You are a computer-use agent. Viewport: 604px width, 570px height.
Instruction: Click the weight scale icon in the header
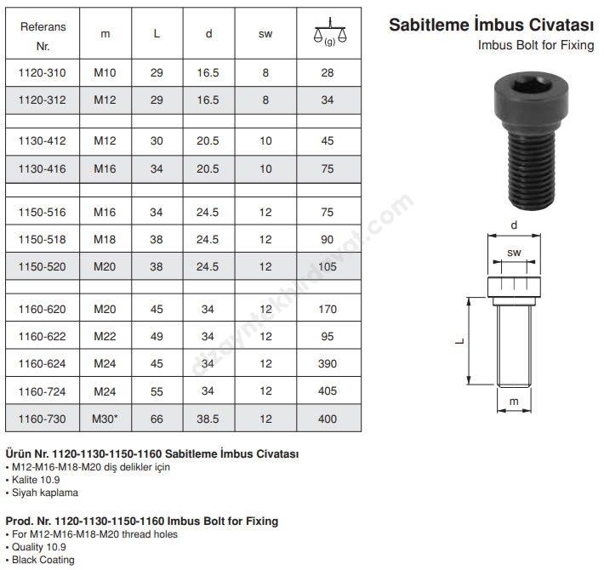[x=330, y=32]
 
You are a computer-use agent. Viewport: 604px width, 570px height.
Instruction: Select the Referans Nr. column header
[x=43, y=37]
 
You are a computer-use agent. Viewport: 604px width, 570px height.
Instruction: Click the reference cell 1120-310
[x=42, y=73]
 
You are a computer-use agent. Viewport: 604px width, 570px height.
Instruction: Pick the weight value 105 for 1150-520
[x=328, y=266]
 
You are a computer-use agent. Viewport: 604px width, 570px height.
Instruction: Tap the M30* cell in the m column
[x=105, y=419]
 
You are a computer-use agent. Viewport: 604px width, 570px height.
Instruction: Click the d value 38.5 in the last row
[x=208, y=419]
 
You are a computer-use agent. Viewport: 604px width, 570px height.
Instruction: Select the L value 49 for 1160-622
[x=157, y=336]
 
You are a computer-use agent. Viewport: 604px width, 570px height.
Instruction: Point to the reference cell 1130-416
[x=42, y=168]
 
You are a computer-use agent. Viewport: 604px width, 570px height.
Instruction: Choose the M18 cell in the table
[x=105, y=239]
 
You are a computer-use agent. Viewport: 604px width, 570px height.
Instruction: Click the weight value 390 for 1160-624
[x=328, y=363]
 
